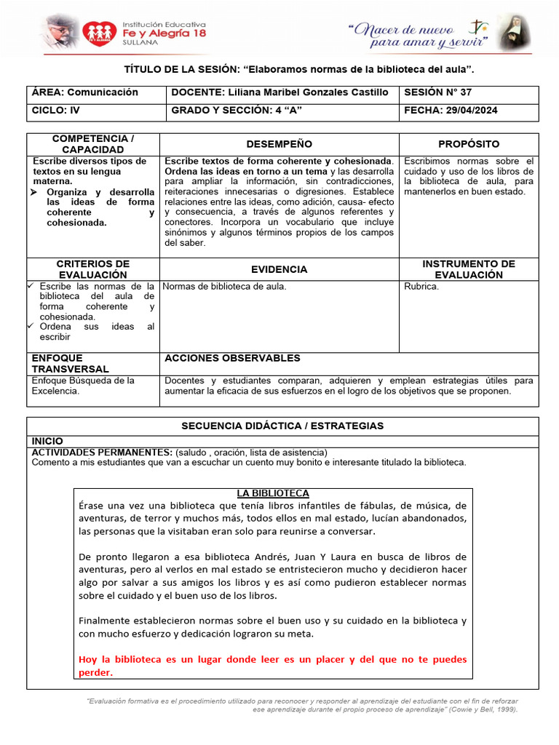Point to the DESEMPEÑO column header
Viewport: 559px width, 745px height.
pos(279,144)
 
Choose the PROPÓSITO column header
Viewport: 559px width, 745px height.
pos(469,144)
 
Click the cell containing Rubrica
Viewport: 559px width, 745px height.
pos(421,286)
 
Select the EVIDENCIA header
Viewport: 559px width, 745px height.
pos(279,269)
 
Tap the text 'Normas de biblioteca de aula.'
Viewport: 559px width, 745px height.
pos(225,286)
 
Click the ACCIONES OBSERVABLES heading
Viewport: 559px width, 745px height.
pos(232,358)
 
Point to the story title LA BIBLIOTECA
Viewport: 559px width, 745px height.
pos(273,493)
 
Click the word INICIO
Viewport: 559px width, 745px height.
pos(47,441)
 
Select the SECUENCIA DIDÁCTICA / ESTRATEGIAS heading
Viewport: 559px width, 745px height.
pos(282,426)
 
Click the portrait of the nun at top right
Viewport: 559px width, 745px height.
pos(515,32)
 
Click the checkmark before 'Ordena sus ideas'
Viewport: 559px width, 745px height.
pos(31,327)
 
